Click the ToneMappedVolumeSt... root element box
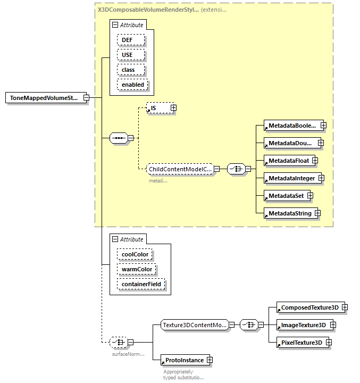coord(44,98)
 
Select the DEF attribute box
coord(128,40)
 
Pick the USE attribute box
coord(127,55)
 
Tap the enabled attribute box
coord(133,85)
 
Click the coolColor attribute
coord(135,254)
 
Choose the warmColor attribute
coord(137,269)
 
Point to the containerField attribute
coord(141,284)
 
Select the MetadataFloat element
coord(289,160)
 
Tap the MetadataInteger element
coord(291,178)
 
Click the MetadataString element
coord(290,213)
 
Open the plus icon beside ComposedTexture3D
coord(345,307)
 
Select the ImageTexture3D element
coord(303,325)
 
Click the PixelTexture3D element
coord(302,343)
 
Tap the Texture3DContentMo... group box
coord(195,324)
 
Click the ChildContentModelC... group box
coord(180,169)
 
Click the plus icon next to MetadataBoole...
coord(323,126)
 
